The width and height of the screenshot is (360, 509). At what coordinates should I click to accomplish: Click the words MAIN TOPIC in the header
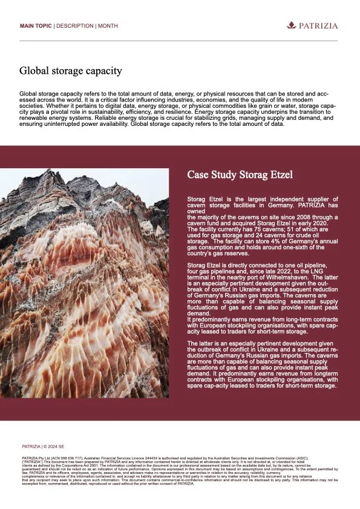click(x=36, y=26)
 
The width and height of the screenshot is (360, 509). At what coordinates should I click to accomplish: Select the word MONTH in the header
click(x=108, y=26)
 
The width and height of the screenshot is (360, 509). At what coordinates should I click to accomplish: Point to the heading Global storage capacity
click(x=71, y=71)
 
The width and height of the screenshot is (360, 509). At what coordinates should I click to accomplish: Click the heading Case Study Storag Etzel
click(x=240, y=175)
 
